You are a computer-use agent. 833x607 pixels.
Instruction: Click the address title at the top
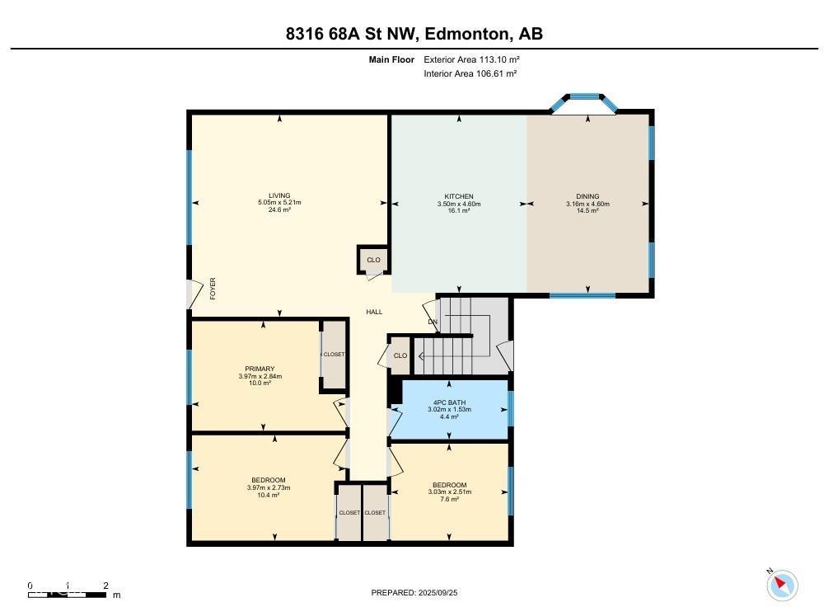coord(414,34)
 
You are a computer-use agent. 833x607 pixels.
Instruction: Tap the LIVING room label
coord(279,195)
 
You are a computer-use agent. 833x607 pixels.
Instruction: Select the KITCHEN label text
coord(459,196)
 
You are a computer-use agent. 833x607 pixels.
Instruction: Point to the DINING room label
coord(587,196)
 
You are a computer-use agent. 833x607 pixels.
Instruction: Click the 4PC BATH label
coord(449,402)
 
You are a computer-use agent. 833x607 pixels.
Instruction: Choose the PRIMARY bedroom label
coord(260,369)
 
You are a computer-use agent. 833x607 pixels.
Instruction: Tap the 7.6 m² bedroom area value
coord(449,499)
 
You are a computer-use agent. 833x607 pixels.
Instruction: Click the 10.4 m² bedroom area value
coord(269,495)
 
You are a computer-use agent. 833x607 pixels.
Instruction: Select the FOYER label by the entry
coord(212,288)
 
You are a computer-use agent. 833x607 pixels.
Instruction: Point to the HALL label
coord(374,312)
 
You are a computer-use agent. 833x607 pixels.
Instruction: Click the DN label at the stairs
coord(432,322)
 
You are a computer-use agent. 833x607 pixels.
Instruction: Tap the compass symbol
coord(782,585)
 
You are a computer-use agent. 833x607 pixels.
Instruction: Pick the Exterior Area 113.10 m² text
coord(471,59)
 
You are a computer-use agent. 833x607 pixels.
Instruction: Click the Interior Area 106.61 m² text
coord(470,73)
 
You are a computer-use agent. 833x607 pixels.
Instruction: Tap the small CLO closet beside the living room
coord(373,260)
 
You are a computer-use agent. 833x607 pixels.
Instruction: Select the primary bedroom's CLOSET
coord(334,355)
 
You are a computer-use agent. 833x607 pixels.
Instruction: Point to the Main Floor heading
coord(391,59)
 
